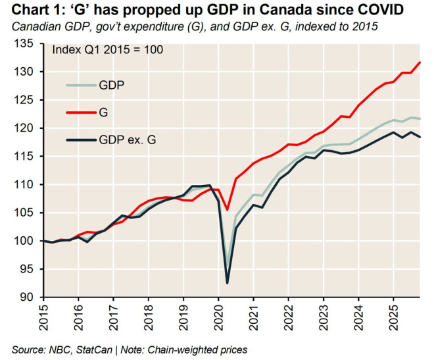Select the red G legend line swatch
click(x=80, y=113)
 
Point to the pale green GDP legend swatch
click(x=80, y=85)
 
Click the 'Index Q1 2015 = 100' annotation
click(x=107, y=50)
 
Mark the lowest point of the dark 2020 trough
click(x=228, y=283)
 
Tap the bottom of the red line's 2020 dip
click(x=228, y=210)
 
